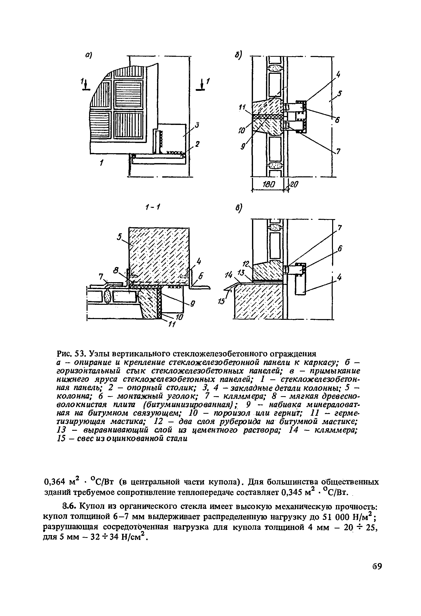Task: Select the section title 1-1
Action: [x=152, y=207]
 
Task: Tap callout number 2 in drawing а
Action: [x=197, y=144]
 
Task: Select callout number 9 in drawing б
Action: [x=243, y=146]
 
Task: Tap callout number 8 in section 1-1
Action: [x=116, y=271]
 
